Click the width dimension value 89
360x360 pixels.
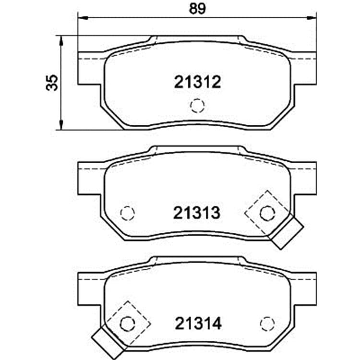coord(197,9)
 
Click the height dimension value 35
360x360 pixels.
coord(52,83)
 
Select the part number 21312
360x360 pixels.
coord(197,82)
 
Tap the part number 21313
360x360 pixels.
coord(197,213)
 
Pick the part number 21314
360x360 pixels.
coord(198,323)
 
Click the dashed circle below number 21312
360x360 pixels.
coord(197,106)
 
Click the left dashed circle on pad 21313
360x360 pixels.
coord(127,213)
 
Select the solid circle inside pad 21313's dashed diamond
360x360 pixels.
coord(267,213)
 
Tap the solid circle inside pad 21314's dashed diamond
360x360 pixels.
coord(127,324)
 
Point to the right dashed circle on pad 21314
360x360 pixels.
coord(267,324)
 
